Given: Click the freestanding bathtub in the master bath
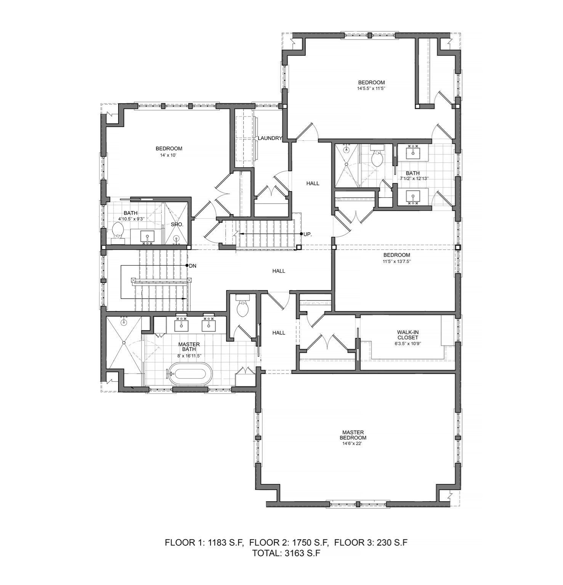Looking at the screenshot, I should click(190, 374).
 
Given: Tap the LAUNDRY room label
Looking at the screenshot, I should click(269, 138).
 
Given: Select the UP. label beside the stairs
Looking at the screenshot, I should click(308, 235).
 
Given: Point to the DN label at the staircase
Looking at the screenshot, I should click(193, 266).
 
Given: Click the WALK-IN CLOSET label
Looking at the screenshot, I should click(407, 335).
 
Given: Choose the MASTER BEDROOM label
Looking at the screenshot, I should click(353, 435).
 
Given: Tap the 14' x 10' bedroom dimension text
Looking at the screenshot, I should click(168, 155).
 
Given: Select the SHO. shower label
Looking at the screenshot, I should click(177, 225).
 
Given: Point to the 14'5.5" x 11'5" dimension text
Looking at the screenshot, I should click(371, 89).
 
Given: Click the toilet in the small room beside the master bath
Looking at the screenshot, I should click(242, 309).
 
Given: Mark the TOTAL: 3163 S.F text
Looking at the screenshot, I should click(286, 553).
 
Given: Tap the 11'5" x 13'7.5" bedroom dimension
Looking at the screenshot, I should click(396, 262).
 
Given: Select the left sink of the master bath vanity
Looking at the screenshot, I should click(181, 325).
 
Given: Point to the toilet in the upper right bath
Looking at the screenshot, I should click(377, 158).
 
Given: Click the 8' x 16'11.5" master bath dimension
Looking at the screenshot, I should click(189, 356).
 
